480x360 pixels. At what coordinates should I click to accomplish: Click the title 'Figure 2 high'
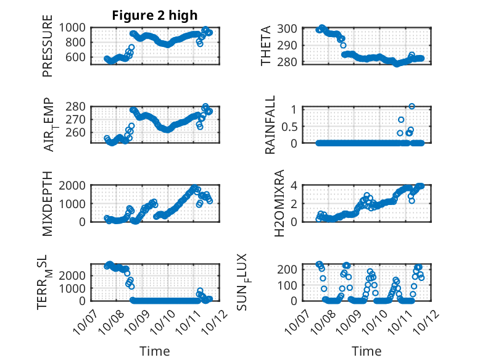point(154,15)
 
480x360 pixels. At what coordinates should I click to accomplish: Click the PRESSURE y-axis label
point(48,50)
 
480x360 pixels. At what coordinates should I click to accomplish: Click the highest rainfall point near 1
point(412,106)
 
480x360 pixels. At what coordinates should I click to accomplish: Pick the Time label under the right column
point(366,351)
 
